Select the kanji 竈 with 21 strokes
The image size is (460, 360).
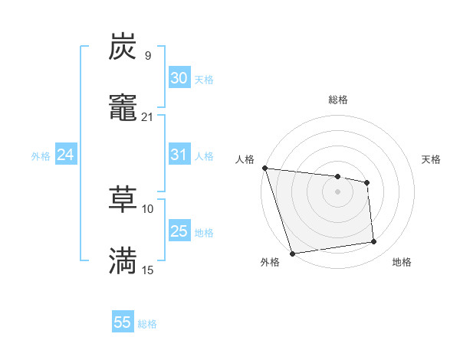tap(123, 108)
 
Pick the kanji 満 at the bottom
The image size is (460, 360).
tap(123, 260)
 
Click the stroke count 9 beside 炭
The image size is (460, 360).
tap(148, 55)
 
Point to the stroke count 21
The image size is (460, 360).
tap(148, 117)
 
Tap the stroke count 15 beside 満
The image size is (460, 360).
tap(148, 270)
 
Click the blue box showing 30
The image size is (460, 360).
tap(179, 78)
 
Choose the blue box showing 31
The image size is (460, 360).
tap(179, 155)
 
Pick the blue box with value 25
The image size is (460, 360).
tap(179, 231)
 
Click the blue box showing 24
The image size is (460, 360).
tap(65, 155)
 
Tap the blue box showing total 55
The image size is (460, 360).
tap(123, 322)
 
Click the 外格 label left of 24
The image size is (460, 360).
tap(41, 156)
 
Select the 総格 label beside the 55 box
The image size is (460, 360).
tap(147, 324)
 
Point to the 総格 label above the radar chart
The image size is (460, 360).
tap(337, 100)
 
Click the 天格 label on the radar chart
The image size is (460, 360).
tap(432, 159)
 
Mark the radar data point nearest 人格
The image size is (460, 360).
tap(264, 168)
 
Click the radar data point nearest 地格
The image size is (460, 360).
tap(374, 242)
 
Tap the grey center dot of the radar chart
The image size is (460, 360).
tap(337, 191)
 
